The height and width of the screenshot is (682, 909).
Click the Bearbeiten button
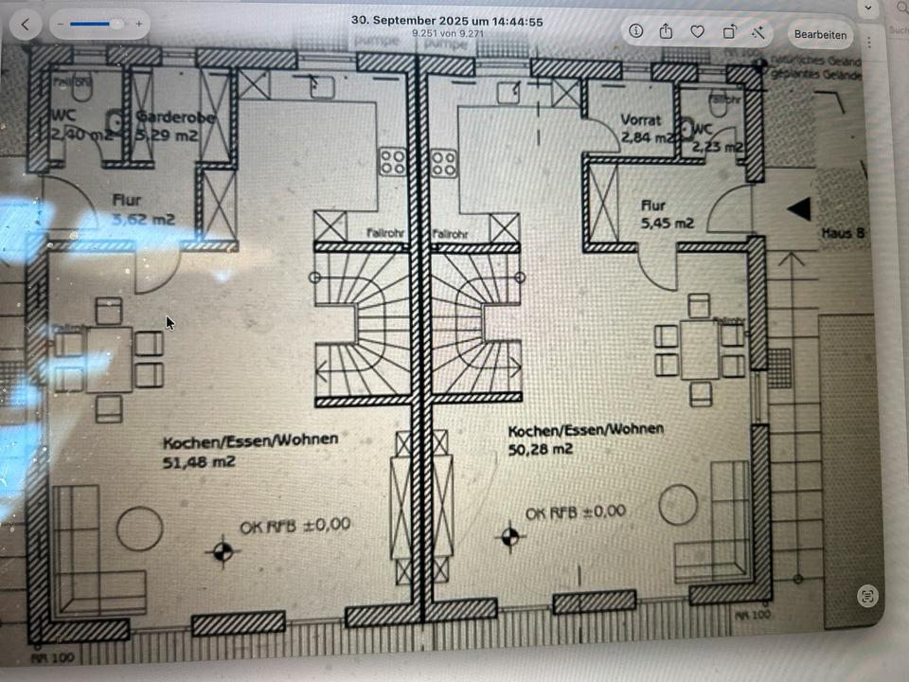[x=820, y=35]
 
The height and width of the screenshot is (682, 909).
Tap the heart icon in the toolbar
[x=697, y=31]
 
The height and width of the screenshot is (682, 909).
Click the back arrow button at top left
[x=25, y=24]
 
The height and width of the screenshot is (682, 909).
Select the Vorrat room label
[x=641, y=120]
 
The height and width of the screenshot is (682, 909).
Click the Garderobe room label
[x=176, y=117]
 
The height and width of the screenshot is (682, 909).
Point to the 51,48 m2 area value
[x=199, y=462]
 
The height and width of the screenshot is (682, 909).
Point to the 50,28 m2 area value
[x=541, y=450]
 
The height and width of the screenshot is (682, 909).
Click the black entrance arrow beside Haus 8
[x=799, y=208]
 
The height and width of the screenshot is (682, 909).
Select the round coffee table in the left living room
[x=139, y=529]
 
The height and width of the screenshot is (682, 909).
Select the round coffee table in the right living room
[x=678, y=504]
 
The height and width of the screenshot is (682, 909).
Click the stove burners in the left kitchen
[x=393, y=162]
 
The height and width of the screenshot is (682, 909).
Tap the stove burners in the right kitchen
[x=444, y=163]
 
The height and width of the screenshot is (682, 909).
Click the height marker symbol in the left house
[x=223, y=550]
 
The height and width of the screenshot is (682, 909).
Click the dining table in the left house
[x=109, y=360]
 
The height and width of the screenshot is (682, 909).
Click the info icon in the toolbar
[x=635, y=31]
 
